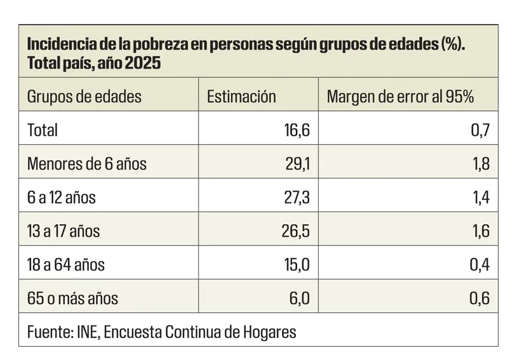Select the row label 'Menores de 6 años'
86,164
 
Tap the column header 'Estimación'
241,97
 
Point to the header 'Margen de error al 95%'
400,97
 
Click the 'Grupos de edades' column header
84,97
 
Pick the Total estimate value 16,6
296,130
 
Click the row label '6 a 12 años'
61,197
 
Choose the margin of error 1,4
480,197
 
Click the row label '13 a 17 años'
64,231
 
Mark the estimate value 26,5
296,231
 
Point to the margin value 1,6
480,231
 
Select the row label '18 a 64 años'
66,265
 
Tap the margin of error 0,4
479,265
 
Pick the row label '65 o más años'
72,298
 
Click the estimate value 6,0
299,298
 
